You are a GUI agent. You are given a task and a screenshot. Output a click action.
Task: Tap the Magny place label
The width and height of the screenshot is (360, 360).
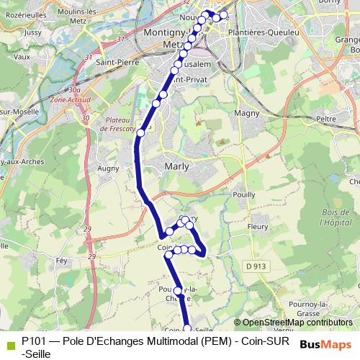tap(247, 113)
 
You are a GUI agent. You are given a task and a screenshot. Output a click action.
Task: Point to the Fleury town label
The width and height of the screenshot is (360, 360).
tap(257, 227)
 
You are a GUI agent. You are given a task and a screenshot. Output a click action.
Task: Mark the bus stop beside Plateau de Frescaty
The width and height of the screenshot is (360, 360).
tap(141, 132)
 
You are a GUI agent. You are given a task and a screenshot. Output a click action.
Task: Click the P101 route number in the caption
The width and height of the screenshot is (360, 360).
tap(33, 341)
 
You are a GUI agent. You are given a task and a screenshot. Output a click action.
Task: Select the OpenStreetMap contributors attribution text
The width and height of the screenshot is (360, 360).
tap(297, 323)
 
